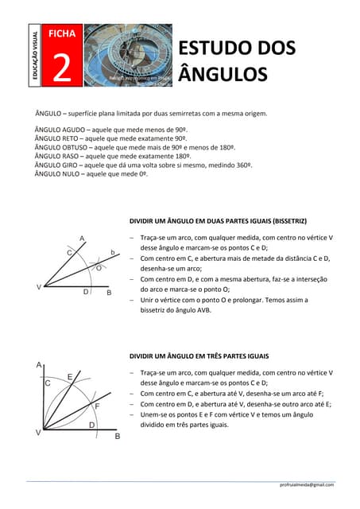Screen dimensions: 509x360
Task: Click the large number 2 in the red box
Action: [61, 68]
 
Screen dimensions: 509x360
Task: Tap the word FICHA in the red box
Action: [61, 33]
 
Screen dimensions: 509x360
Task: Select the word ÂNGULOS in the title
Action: [222, 75]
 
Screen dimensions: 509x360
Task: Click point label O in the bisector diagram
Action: [99, 269]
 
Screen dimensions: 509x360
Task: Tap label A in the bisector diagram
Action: [81, 237]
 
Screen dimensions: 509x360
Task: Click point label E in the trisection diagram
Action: [70, 376]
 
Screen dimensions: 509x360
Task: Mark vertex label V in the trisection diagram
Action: [37, 433]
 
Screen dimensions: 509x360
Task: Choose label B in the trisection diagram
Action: [118, 437]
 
